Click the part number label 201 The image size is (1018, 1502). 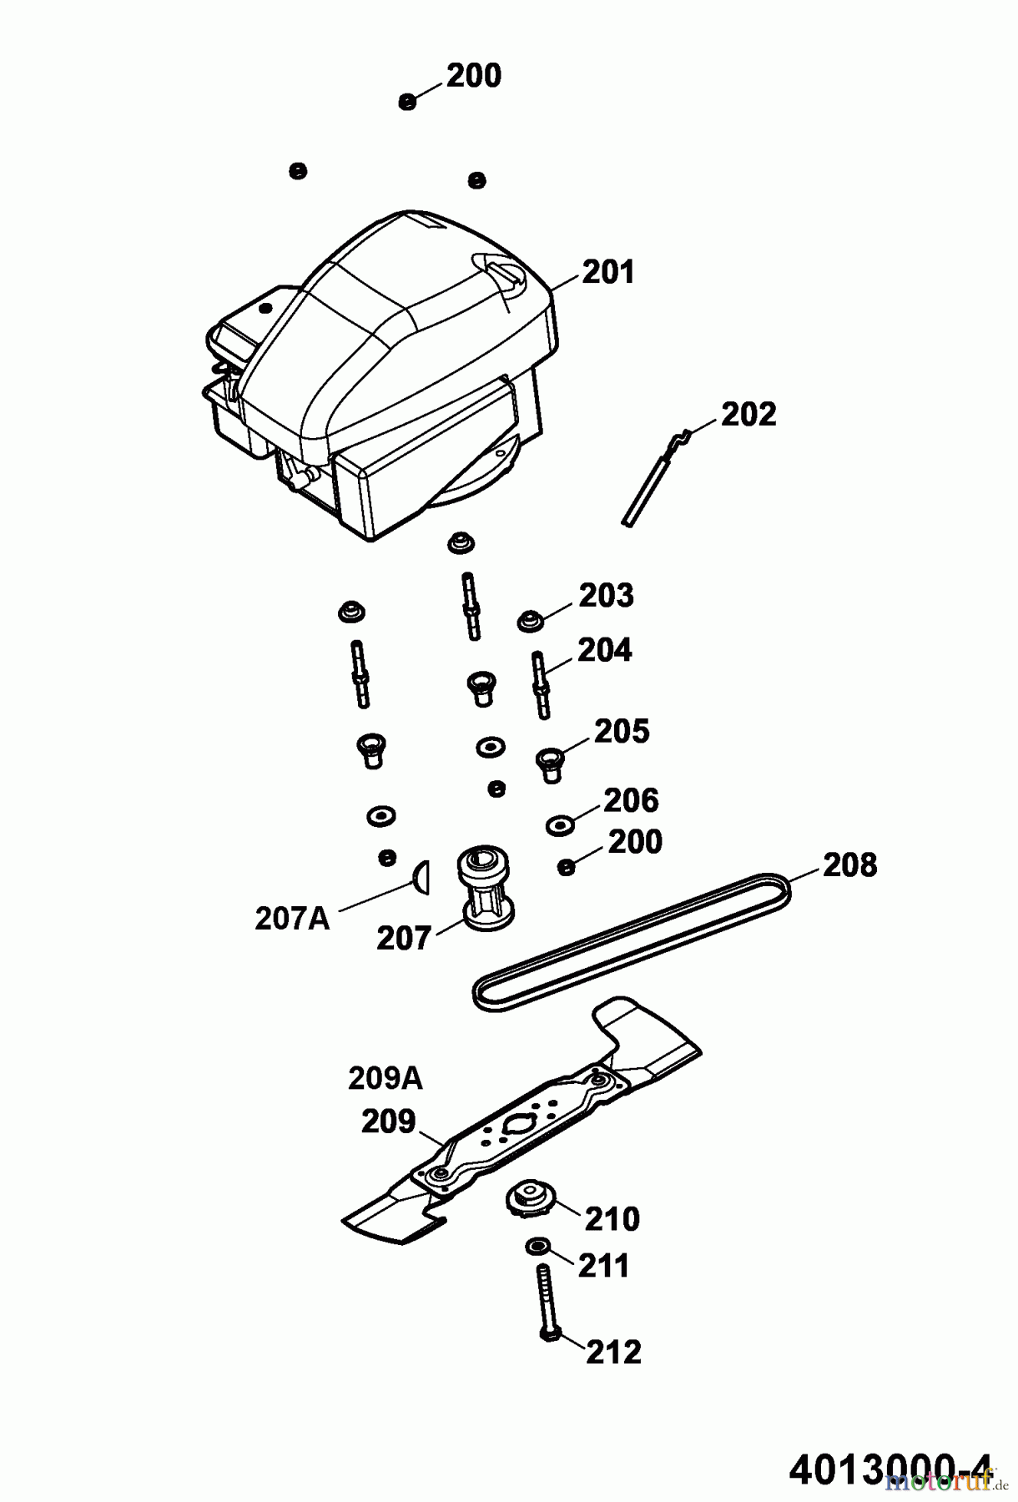click(x=608, y=272)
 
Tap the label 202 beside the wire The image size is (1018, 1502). click(x=748, y=414)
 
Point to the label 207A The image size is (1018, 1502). click(x=292, y=919)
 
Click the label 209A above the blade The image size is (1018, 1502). click(x=385, y=1079)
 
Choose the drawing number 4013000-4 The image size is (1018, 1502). click(x=891, y=1467)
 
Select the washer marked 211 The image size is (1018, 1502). click(x=537, y=1247)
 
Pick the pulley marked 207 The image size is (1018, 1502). click(x=484, y=889)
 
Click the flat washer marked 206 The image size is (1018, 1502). click(x=558, y=825)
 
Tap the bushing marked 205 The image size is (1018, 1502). click(x=549, y=763)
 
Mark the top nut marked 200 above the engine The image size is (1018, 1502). click(x=408, y=102)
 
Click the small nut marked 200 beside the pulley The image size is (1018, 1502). click(x=566, y=868)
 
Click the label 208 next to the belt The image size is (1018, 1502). click(x=849, y=864)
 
